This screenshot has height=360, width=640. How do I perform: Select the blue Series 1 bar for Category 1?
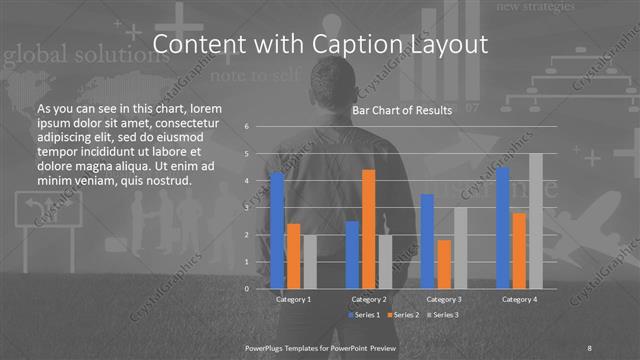tap(277, 230)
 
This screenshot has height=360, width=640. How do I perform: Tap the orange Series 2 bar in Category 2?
tap(368, 229)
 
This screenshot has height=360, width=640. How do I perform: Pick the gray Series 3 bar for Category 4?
tap(536, 221)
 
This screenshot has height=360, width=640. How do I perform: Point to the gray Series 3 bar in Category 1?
tap(310, 262)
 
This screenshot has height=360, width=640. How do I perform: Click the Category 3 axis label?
tap(444, 299)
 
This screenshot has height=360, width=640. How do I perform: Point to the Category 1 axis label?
tap(293, 299)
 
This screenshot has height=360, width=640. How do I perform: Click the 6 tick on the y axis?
tap(247, 127)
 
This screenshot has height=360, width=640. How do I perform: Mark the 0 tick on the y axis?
tap(247, 289)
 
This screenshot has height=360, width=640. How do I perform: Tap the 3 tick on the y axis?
tap(247, 208)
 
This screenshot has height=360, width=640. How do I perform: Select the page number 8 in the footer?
tap(590, 347)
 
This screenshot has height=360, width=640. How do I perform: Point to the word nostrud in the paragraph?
tap(163, 180)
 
